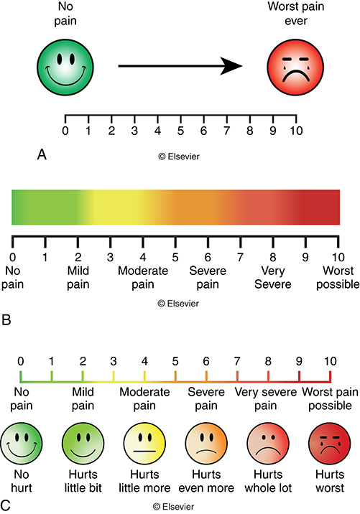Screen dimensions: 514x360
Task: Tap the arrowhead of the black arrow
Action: click(x=231, y=67)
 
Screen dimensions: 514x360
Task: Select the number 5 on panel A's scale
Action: click(x=180, y=131)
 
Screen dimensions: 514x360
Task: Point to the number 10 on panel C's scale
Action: click(x=329, y=360)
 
